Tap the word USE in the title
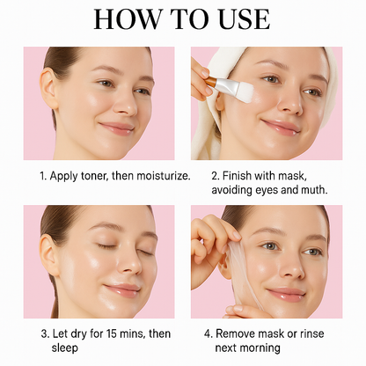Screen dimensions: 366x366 [245, 19]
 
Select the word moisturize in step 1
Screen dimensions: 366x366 [163, 176]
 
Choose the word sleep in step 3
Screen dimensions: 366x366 [65, 348]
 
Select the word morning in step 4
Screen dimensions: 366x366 [261, 348]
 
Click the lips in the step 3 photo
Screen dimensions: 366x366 [122, 289]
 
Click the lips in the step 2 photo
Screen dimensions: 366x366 [281, 127]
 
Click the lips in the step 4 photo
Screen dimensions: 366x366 [287, 294]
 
